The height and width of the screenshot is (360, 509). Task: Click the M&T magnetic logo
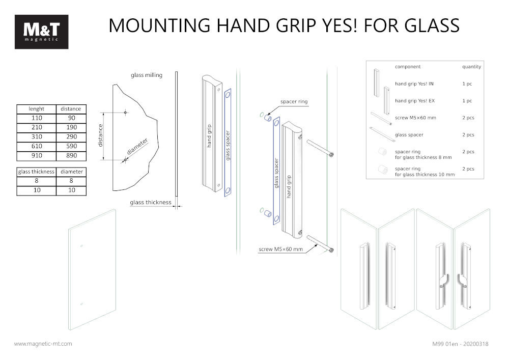coord(41,32)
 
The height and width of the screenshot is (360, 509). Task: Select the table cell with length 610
coord(36,146)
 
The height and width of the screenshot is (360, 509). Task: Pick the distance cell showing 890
coord(71,155)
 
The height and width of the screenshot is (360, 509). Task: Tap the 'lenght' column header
coord(36,109)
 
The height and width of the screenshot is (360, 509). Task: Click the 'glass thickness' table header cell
coord(36,172)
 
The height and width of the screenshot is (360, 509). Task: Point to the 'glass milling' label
coord(147,75)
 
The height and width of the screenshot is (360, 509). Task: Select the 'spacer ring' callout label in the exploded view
coord(294,102)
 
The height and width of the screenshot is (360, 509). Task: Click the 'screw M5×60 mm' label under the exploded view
coord(280,250)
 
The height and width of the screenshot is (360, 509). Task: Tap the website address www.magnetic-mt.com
coord(43,344)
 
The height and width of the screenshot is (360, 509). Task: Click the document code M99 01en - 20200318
coord(460,344)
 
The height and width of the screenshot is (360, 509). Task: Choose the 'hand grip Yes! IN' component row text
coord(414,84)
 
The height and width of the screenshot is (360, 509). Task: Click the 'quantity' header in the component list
coord(471,67)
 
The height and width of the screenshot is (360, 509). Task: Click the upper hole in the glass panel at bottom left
coord(82,246)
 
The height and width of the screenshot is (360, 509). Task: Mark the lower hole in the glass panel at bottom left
coord(82,304)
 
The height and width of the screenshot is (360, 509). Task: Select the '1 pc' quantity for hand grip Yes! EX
coord(467,101)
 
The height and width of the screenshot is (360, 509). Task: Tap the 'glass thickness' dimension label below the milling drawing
coord(151,202)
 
